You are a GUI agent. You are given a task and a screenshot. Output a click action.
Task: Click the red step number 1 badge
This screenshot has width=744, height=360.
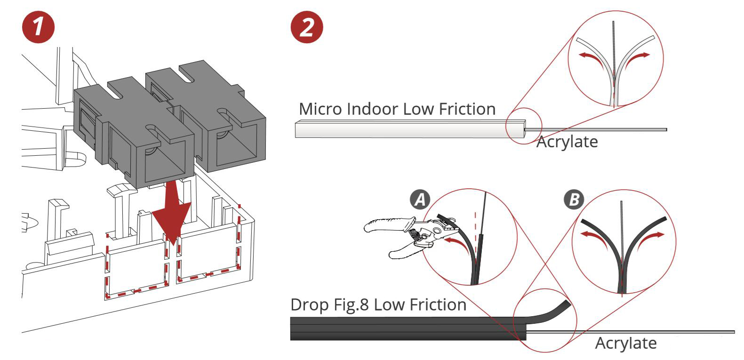pyautogui.click(x=39, y=27)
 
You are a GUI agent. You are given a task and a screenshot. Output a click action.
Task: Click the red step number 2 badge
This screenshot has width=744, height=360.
pyautogui.click(x=307, y=27)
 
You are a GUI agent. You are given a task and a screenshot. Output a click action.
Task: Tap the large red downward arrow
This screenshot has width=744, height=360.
pyautogui.click(x=173, y=212)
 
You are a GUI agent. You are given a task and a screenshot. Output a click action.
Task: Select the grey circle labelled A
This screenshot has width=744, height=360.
pyautogui.click(x=420, y=200)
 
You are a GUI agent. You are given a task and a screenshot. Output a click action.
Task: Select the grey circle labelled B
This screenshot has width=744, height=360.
pyautogui.click(x=574, y=200)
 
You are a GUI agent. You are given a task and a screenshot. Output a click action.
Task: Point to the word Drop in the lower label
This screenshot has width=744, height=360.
pyautogui.click(x=309, y=305)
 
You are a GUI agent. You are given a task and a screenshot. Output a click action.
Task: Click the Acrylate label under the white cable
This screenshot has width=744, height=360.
pyautogui.click(x=567, y=142)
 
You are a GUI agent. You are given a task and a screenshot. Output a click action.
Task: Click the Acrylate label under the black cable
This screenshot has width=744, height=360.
pyautogui.click(x=626, y=343)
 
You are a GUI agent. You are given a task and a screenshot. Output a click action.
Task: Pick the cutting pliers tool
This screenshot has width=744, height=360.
pyautogui.click(x=409, y=235)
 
